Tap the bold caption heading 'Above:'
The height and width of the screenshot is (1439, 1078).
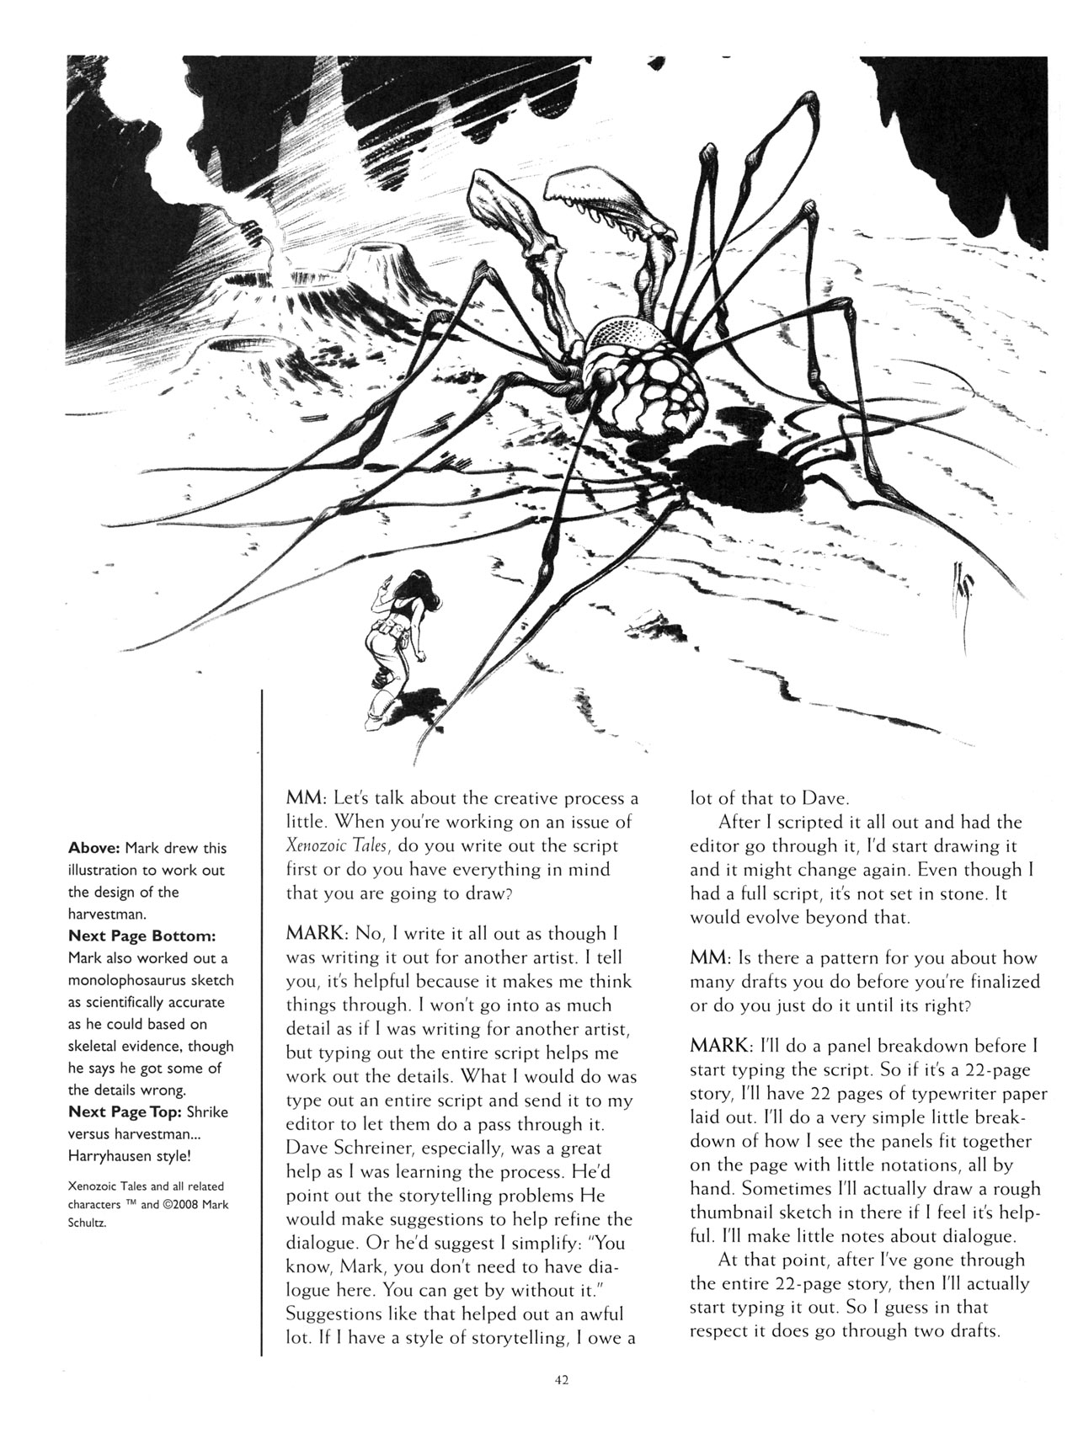tap(94, 848)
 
